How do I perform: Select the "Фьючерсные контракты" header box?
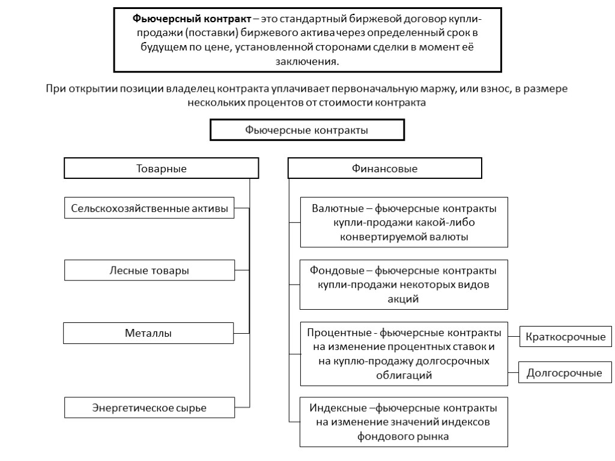tap(306, 130)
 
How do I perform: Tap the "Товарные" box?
tap(162, 169)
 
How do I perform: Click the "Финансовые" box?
tap(384, 169)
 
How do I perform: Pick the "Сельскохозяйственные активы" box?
tap(150, 209)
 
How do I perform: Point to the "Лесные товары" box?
tap(149, 271)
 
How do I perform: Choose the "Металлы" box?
tap(148, 333)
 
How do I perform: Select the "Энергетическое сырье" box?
tap(149, 408)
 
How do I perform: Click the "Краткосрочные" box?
tap(565, 337)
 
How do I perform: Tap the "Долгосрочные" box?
tap(565, 373)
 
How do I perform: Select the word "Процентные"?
tap(333, 333)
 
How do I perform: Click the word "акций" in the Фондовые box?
tap(404, 298)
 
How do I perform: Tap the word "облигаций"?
tap(404, 375)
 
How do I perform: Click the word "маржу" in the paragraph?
tap(435, 89)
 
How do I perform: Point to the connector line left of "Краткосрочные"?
tap(514, 337)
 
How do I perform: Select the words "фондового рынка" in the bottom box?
tap(404, 436)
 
